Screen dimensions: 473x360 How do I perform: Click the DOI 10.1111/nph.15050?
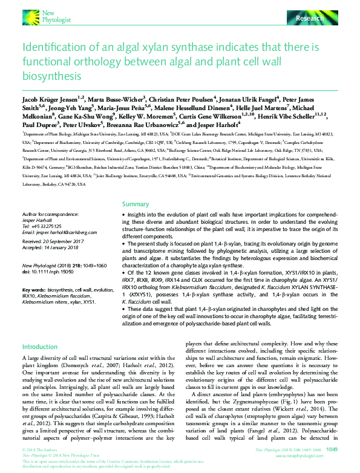pyautogui.click(x=54, y=272)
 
